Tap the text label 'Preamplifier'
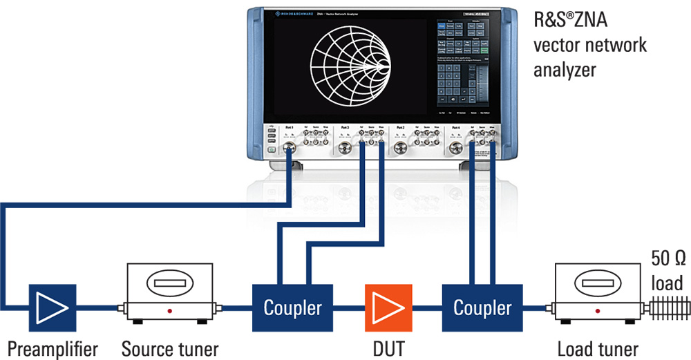tap(52, 348)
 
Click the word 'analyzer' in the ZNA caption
tap(562, 70)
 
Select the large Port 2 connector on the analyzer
tap(399, 148)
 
